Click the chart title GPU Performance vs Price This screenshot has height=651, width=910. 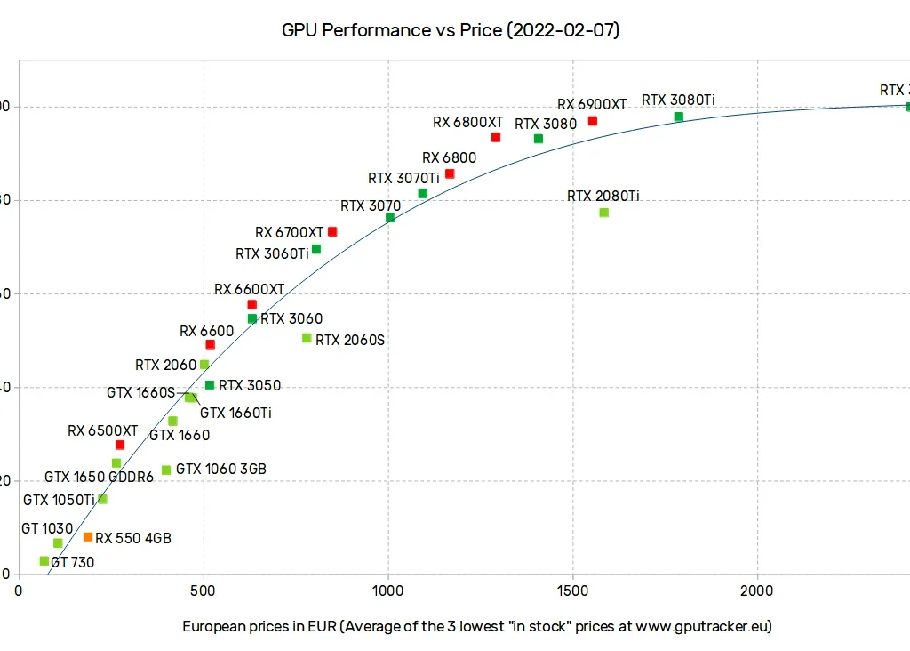pyautogui.click(x=451, y=30)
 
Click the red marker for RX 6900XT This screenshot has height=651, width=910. pyautogui.click(x=593, y=121)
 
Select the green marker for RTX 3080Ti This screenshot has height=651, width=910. pyautogui.click(x=679, y=117)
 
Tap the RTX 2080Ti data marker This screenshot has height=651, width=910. pyautogui.click(x=604, y=213)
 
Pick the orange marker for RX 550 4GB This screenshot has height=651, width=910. pyautogui.click(x=88, y=537)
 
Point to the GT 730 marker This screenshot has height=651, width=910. pyautogui.click(x=44, y=561)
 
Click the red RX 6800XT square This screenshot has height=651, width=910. pyautogui.click(x=496, y=137)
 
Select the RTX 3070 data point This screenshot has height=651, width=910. pyautogui.click(x=390, y=218)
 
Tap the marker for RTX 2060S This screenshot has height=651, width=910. pyautogui.click(x=307, y=338)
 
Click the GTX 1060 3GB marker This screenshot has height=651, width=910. pyautogui.click(x=166, y=470)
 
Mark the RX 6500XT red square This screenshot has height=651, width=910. pyautogui.click(x=120, y=445)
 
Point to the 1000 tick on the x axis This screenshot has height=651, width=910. pyautogui.click(x=388, y=591)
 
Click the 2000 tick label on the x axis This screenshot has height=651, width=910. pyautogui.click(x=757, y=591)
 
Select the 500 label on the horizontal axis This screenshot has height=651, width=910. pyautogui.click(x=204, y=591)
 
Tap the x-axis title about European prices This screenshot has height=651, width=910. pyautogui.click(x=477, y=626)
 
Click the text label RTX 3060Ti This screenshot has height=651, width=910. pyautogui.click(x=272, y=253)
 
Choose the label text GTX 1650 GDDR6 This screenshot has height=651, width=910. pyautogui.click(x=99, y=478)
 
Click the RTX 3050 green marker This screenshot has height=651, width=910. pyautogui.click(x=210, y=385)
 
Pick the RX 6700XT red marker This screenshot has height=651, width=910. pyautogui.click(x=332, y=231)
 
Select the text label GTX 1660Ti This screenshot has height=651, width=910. pyautogui.click(x=235, y=413)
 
